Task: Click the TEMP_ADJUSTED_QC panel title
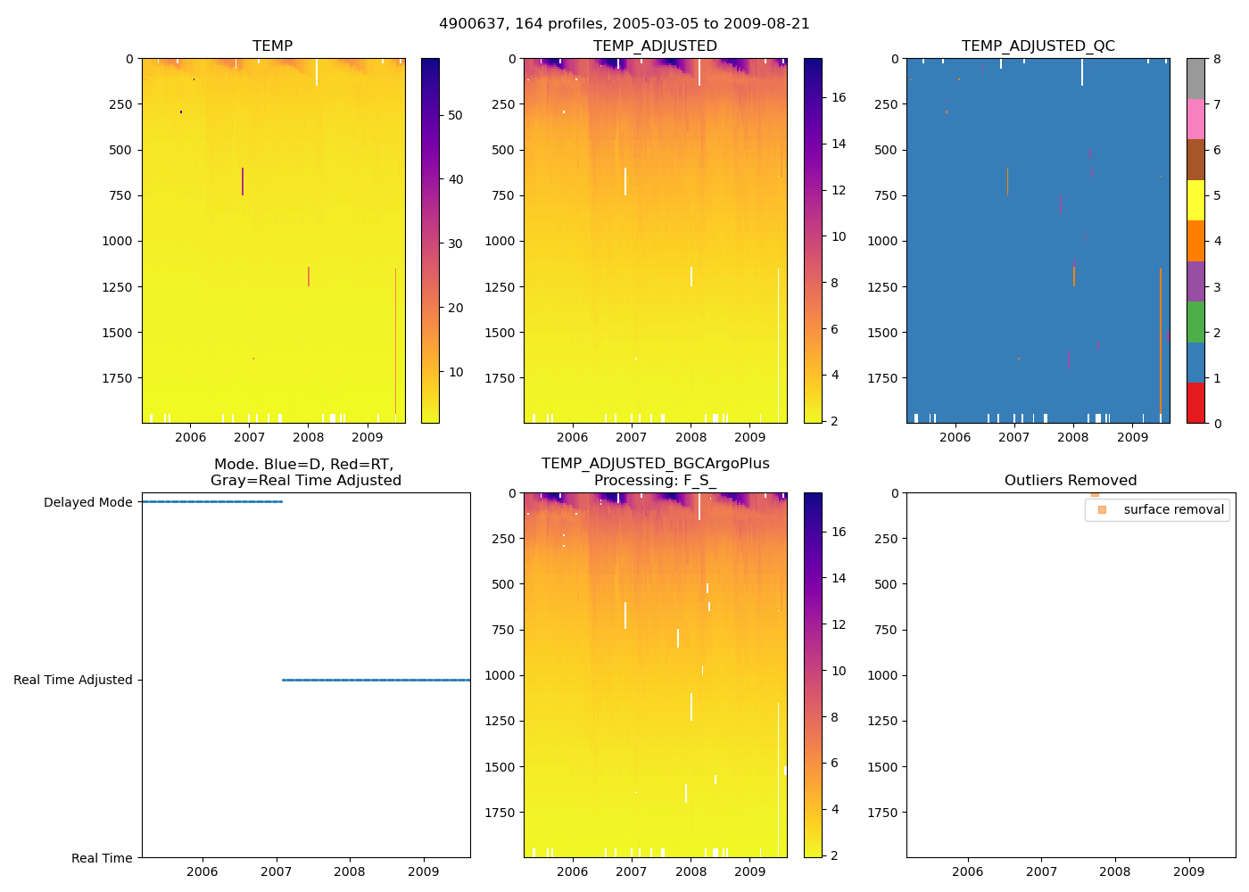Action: pos(1038,45)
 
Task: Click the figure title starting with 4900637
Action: pos(624,24)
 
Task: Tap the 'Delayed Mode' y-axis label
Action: pos(87,502)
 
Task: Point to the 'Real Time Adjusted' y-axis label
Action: pos(72,680)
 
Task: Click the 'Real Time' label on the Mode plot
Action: pos(102,858)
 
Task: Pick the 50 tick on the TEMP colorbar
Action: pos(455,115)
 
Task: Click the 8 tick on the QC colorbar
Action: pos(1217,59)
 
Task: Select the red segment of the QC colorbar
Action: pos(1195,402)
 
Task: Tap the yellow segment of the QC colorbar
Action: pos(1195,200)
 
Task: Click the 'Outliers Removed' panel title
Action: pos(1071,480)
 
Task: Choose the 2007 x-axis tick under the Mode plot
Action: pos(276,871)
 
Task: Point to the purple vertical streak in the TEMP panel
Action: pos(243,181)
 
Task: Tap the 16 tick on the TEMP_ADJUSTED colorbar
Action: pos(839,97)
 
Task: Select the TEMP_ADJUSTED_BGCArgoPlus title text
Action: pos(655,463)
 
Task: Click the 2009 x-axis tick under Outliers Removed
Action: pos(1188,871)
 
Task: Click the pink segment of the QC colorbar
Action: pos(1195,119)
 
